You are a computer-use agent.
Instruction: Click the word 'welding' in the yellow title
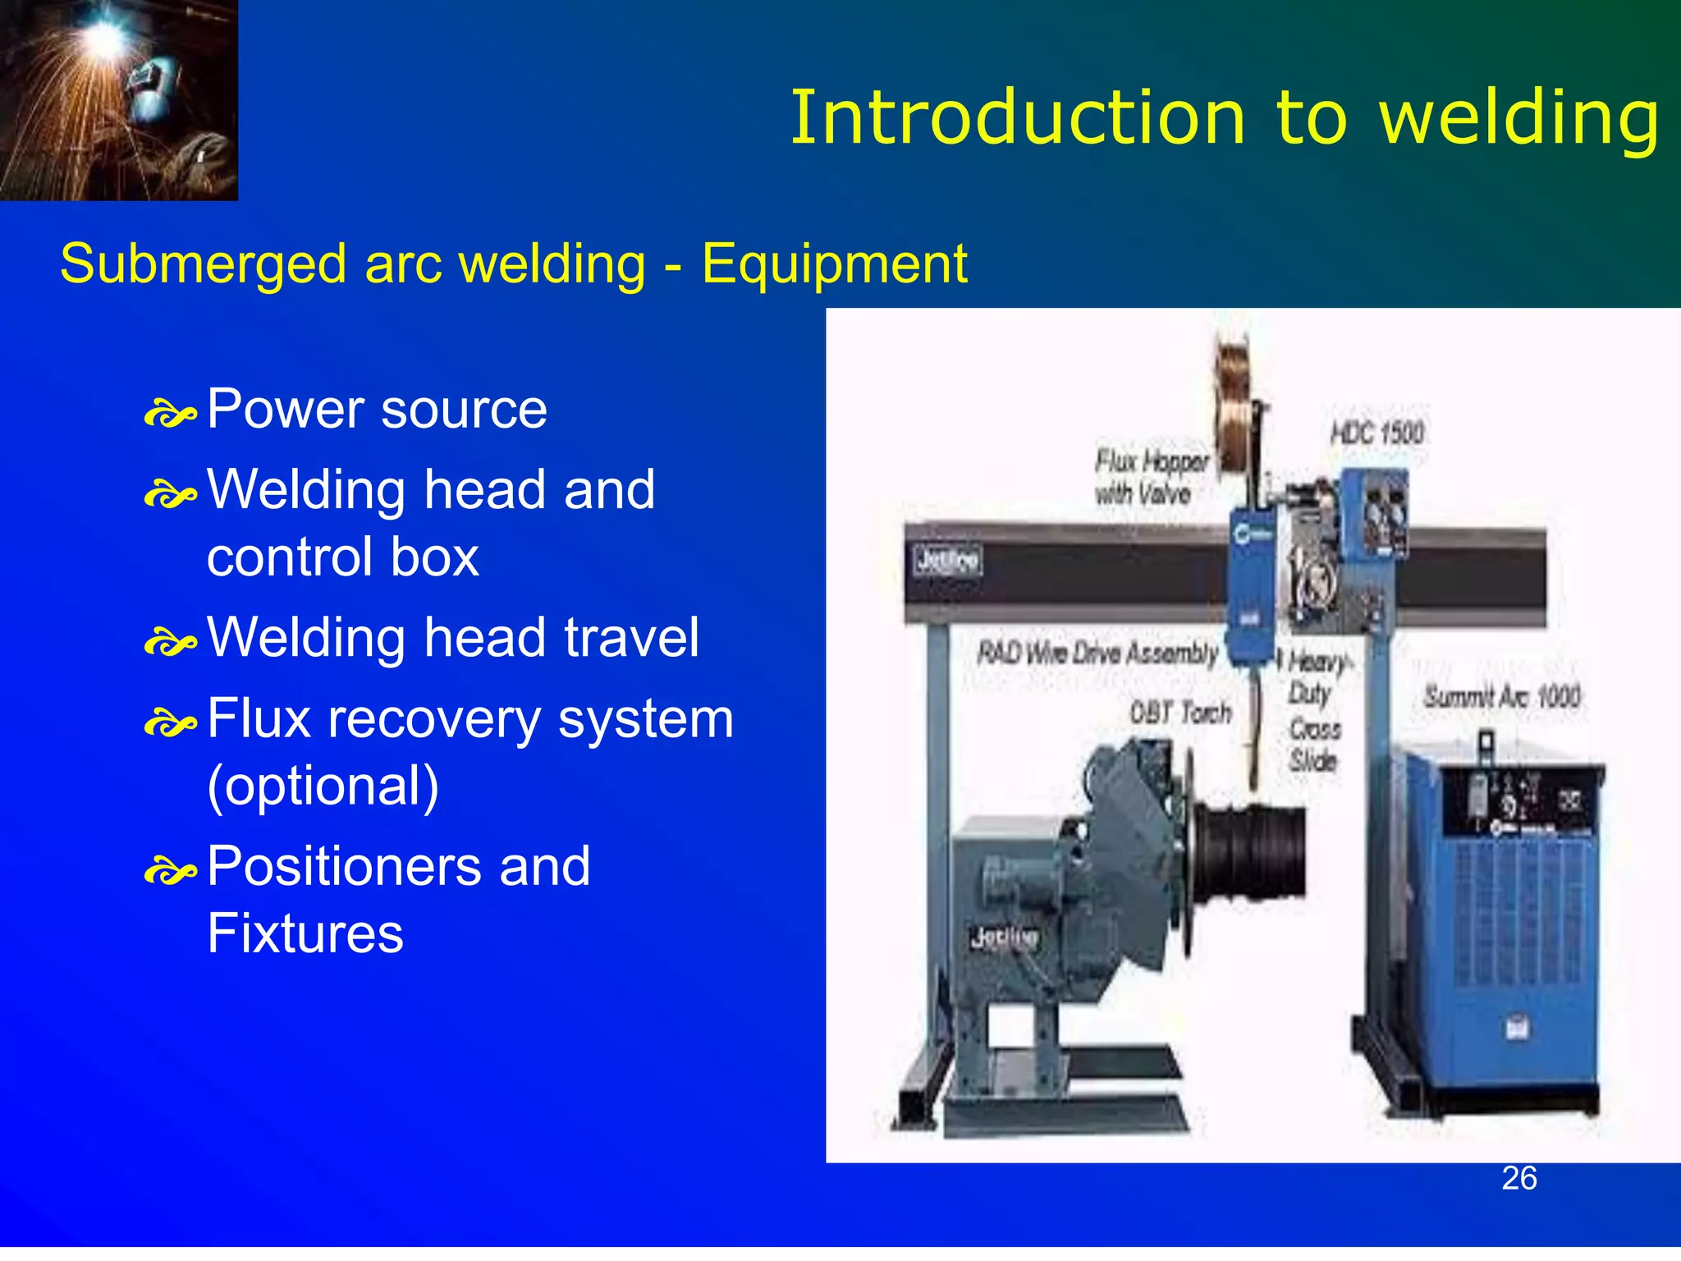[x=1518, y=119]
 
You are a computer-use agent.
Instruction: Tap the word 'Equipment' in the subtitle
[x=834, y=264]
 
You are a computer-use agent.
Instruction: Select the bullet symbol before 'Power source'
[x=170, y=414]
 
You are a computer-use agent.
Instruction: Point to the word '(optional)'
[x=323, y=786]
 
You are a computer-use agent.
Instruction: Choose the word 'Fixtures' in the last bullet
[x=305, y=933]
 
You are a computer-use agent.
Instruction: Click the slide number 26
[x=1518, y=1178]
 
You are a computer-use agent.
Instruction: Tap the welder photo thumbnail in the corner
[x=118, y=99]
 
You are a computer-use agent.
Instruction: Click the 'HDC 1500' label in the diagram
[x=1377, y=433]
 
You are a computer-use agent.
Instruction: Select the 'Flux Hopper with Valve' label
[x=1151, y=477]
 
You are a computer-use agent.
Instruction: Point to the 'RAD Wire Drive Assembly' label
[x=1097, y=653]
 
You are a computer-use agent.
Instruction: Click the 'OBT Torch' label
[x=1180, y=712]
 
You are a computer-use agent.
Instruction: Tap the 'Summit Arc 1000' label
[x=1501, y=697]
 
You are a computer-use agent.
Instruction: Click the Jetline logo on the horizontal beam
[x=947, y=562]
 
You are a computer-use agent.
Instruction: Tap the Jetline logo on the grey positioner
[x=1003, y=937]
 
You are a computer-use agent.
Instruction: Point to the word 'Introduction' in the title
[x=1018, y=119]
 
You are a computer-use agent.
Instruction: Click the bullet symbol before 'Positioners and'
[x=170, y=871]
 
